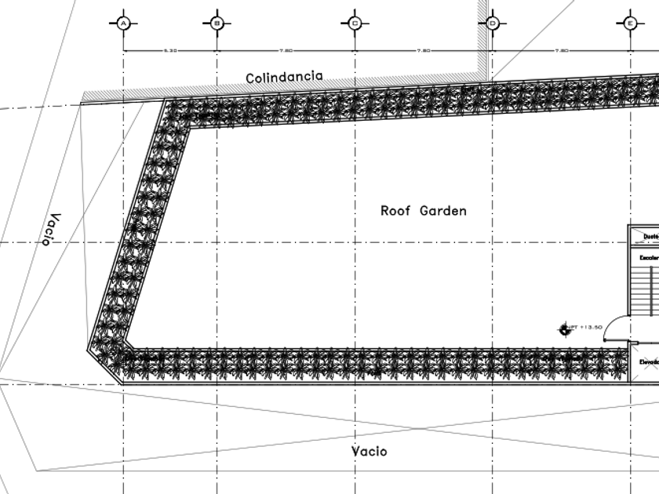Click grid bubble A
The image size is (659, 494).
click(123, 24)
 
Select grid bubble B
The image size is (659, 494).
click(217, 24)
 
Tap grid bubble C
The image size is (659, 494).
click(355, 24)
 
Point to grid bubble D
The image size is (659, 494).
click(493, 24)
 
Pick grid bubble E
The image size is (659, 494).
click(630, 24)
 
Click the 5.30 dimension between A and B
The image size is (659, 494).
click(170, 50)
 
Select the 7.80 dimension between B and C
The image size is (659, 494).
click(286, 50)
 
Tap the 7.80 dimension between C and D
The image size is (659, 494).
click(423, 50)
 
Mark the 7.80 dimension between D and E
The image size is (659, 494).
click(561, 50)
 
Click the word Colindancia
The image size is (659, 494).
click(284, 77)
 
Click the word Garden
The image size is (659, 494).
click(443, 210)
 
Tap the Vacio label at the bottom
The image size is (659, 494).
click(369, 451)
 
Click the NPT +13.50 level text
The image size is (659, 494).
click(588, 327)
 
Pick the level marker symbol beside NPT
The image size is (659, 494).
click(564, 329)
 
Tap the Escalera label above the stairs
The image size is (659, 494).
click(648, 256)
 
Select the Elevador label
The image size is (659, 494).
click(648, 361)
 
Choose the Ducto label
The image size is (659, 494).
click(650, 235)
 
